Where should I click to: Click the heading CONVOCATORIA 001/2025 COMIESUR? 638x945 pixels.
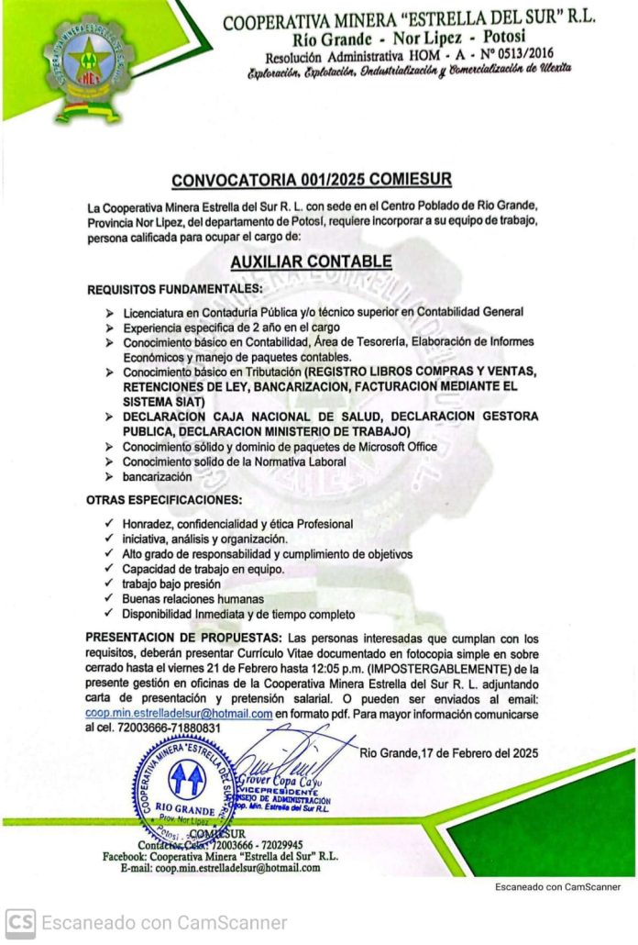pyautogui.click(x=311, y=180)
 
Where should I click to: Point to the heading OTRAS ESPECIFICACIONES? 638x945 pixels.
pyautogui.click(x=164, y=500)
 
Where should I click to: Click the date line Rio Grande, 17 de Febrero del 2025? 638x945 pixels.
pyautogui.click(x=449, y=753)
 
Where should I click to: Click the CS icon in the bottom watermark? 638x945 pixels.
pyautogui.click(x=20, y=922)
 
